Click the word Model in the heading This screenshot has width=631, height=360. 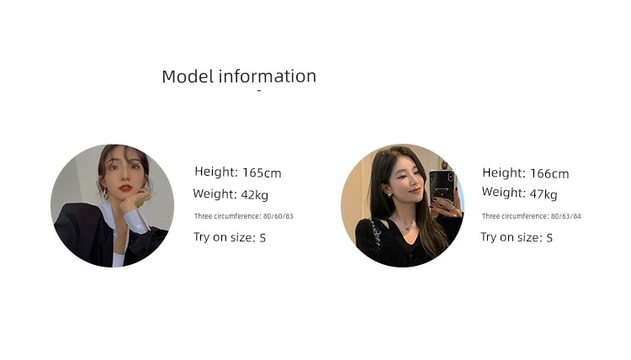pos(188,77)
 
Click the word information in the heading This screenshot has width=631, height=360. pos(268,76)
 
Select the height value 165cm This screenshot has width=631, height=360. pos(262,173)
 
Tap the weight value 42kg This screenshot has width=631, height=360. pos(254,195)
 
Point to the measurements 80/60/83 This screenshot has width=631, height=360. pos(278,216)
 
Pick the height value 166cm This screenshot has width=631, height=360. pos(549,174)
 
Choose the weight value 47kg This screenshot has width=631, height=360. pos(544,194)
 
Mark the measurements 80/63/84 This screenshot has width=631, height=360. pos(566,216)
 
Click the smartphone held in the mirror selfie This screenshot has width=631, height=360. pos(442,186)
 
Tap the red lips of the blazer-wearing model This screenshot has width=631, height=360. pos(125,188)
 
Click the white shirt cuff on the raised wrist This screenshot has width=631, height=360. pos(136,221)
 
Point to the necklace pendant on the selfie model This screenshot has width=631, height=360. pos(408,227)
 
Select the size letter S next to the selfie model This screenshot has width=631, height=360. pos(549,238)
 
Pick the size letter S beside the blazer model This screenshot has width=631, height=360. pos(262,238)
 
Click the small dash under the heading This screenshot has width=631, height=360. pos(259,91)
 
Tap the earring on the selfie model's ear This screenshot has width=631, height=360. pos(390,195)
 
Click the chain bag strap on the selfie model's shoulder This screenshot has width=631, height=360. pos(377,234)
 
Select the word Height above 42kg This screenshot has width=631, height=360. pos(216,172)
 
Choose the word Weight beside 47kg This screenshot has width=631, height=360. pos(503,193)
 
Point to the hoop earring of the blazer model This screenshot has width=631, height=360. pos(105,193)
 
